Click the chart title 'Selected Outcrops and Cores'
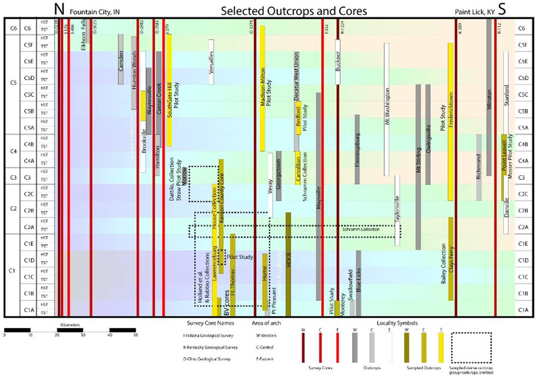(x=293, y=10)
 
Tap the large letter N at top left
(x=59, y=9)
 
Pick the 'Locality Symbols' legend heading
(x=397, y=323)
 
